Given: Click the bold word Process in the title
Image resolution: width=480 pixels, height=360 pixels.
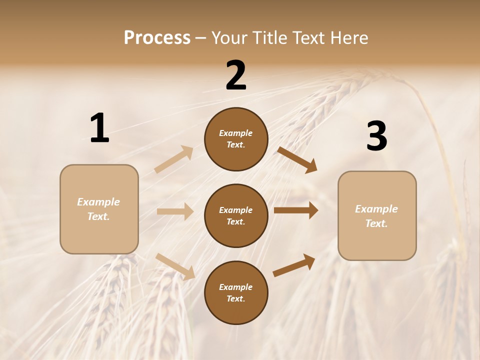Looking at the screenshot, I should click(x=157, y=38).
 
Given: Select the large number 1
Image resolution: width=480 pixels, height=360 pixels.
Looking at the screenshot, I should click(x=99, y=128).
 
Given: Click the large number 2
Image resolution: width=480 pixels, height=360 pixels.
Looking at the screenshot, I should click(x=236, y=76).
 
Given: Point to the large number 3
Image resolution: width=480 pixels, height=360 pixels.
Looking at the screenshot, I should click(x=376, y=136).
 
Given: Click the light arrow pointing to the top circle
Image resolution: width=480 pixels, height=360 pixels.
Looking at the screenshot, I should click(x=174, y=159).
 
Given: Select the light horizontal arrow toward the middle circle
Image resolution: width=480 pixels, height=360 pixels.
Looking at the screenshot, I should click(x=175, y=211).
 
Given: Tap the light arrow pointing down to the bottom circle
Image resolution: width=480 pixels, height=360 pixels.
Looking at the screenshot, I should click(x=175, y=266).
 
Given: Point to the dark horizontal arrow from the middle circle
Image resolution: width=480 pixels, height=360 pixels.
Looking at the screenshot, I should click(x=296, y=210).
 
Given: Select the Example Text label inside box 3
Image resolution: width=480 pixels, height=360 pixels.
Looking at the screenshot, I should click(x=376, y=216).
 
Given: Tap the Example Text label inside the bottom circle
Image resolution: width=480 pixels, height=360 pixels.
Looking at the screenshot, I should click(x=235, y=293).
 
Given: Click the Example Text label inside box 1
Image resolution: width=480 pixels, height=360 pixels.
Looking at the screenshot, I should click(x=98, y=209).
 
